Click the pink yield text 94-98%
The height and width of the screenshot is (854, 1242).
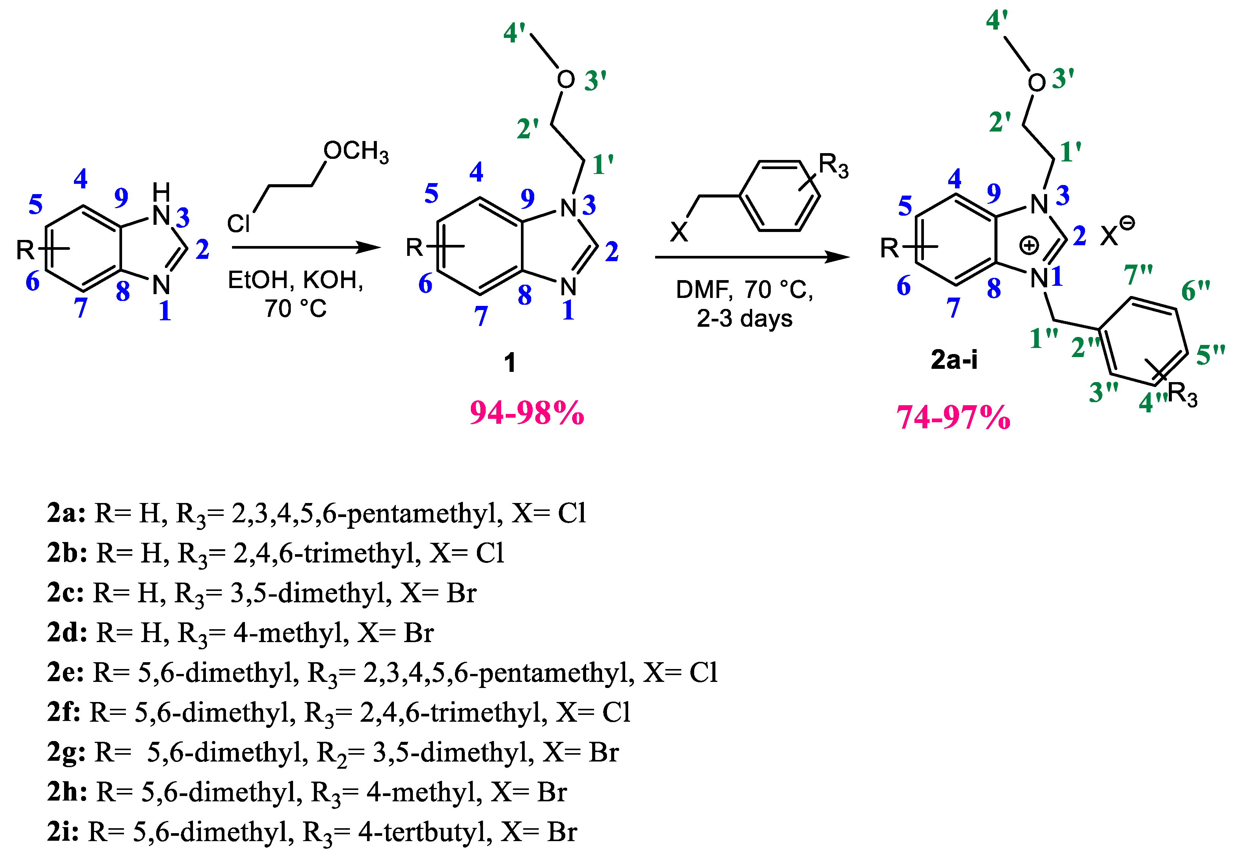pyautogui.click(x=527, y=414)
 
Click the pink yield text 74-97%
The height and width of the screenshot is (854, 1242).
pyautogui.click(x=953, y=417)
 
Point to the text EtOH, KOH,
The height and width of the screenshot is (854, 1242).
pyautogui.click(x=295, y=280)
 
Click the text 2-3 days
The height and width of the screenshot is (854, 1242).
pyautogui.click(x=744, y=319)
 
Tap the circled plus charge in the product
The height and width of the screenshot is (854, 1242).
pyautogui.click(x=1029, y=246)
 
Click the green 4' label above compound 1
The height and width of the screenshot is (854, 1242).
pyautogui.click(x=515, y=33)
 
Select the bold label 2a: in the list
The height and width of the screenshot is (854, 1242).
pyautogui.click(x=66, y=513)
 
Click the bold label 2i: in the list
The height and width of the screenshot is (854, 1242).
pyautogui.click(x=63, y=832)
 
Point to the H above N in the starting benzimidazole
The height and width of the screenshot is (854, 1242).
pyautogui.click(x=161, y=191)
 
